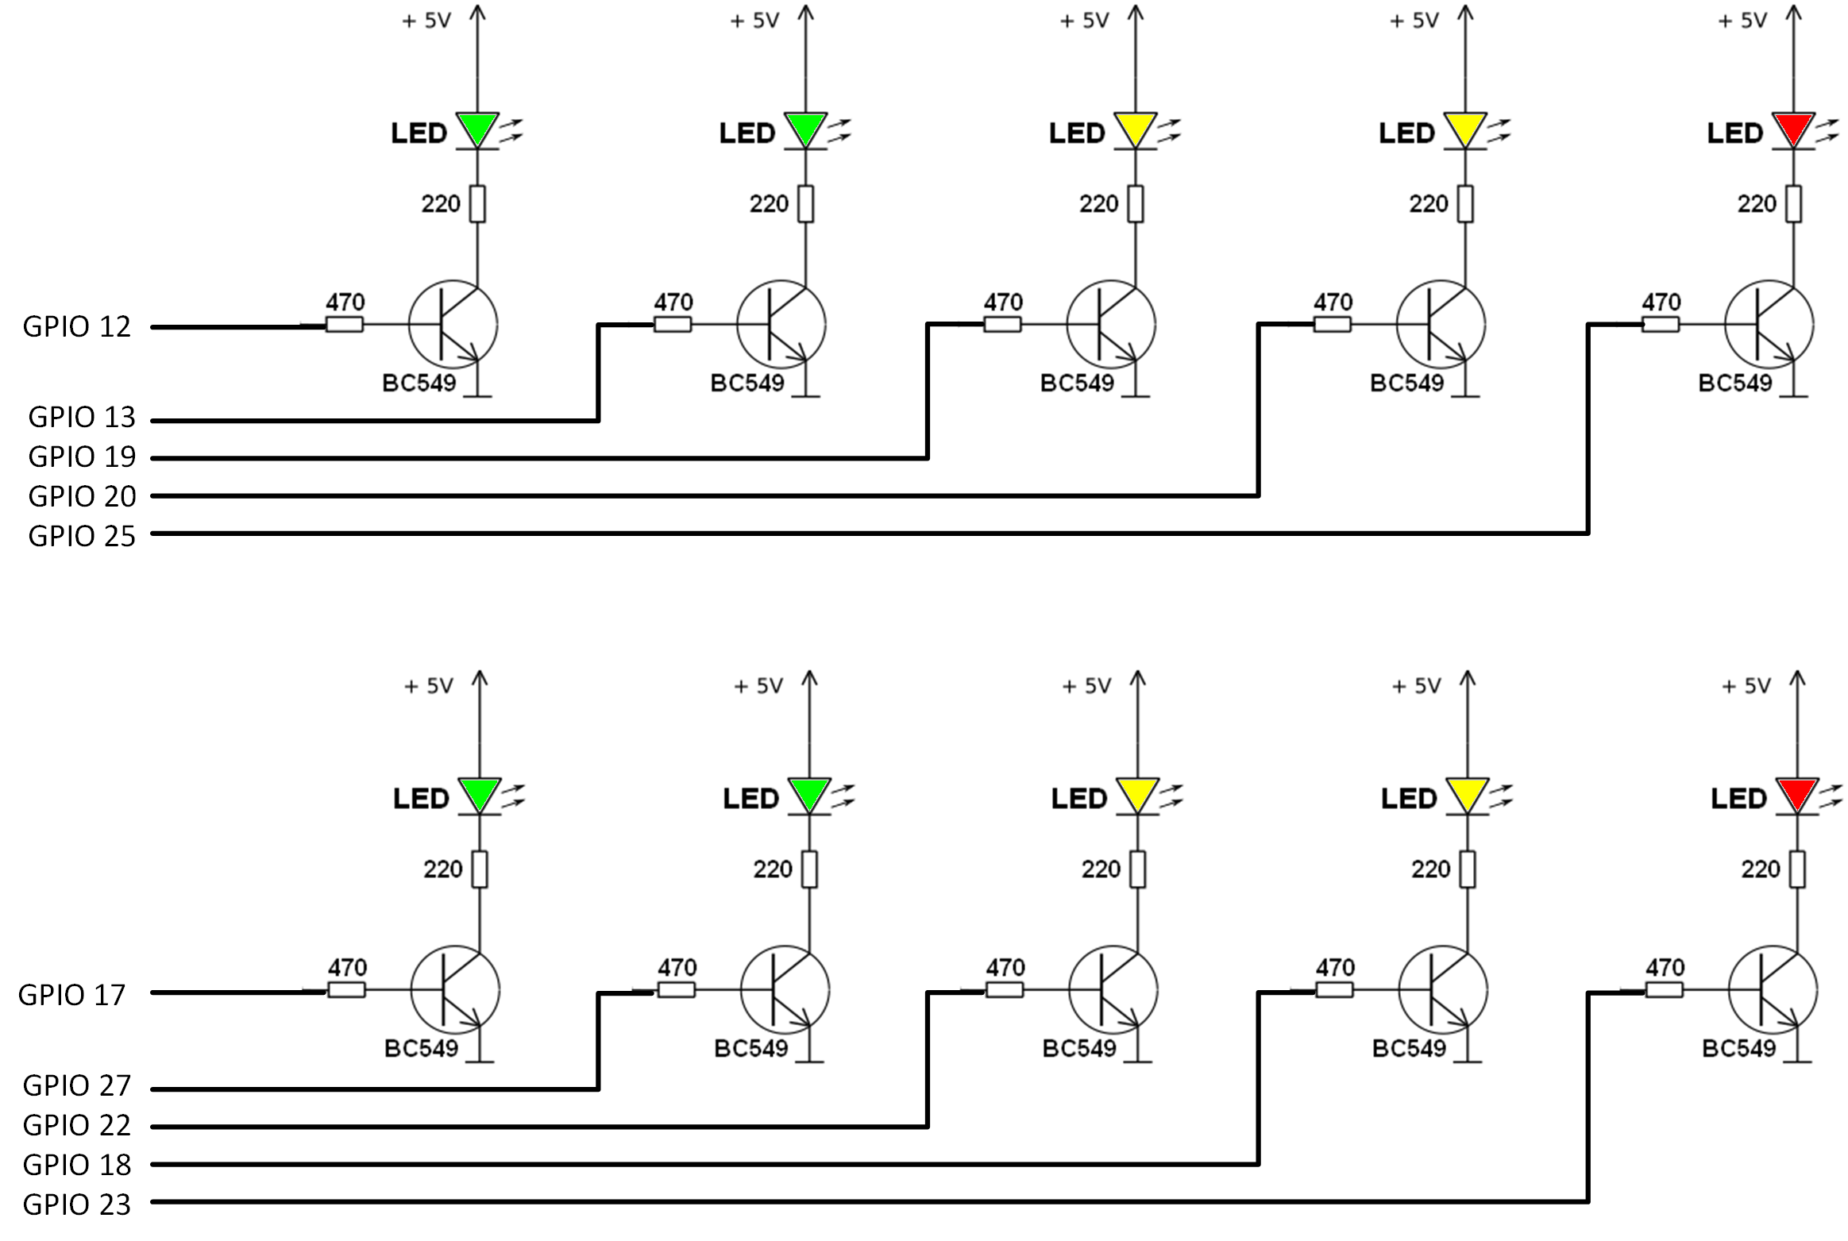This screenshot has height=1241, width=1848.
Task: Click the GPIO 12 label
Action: click(x=77, y=326)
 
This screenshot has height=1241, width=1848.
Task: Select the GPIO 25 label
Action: click(x=83, y=536)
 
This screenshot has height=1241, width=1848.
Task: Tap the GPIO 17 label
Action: click(x=72, y=995)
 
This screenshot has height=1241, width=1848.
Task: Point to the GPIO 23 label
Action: click(x=77, y=1204)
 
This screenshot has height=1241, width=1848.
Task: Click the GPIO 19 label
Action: click(x=83, y=457)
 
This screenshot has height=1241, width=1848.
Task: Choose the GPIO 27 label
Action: click(x=77, y=1085)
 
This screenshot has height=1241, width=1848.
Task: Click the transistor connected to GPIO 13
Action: click(x=781, y=324)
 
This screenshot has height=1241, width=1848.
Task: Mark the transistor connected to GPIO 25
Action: click(x=1769, y=324)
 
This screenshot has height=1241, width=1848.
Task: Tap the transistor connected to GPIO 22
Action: click(x=1113, y=989)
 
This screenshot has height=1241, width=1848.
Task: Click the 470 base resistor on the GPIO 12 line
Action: click(x=345, y=324)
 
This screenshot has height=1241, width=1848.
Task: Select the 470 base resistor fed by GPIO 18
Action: click(x=1334, y=989)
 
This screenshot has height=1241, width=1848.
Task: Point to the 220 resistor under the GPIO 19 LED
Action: click(x=1136, y=204)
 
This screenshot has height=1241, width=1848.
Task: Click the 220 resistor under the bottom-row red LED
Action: click(x=1797, y=869)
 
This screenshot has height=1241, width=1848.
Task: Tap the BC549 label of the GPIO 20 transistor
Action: click(x=1406, y=383)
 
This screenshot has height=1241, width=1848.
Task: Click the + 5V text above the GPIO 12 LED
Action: click(x=426, y=21)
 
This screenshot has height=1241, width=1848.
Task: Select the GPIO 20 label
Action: click(x=83, y=496)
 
